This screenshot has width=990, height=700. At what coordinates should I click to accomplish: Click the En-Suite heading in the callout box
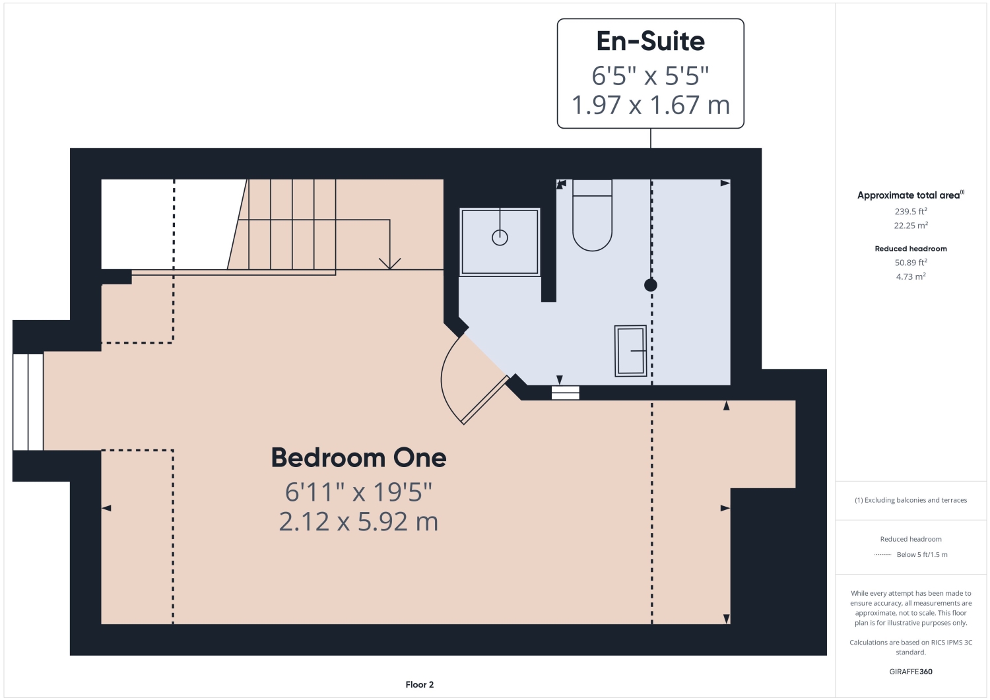(x=650, y=42)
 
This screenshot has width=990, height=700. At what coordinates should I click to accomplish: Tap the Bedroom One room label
(x=358, y=458)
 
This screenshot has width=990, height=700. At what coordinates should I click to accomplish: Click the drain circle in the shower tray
(x=500, y=238)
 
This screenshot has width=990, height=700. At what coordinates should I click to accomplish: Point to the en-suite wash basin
(x=630, y=351)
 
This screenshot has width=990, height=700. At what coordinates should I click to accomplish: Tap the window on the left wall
(x=28, y=402)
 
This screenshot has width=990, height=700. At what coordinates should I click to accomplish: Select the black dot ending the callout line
(x=651, y=285)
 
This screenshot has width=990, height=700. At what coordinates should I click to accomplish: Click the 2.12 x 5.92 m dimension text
(x=358, y=522)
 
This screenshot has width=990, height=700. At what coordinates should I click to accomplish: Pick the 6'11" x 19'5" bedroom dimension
(x=358, y=492)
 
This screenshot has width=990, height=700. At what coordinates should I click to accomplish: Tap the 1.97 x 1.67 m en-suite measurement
(x=650, y=106)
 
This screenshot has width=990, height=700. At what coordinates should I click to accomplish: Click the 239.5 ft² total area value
(x=911, y=212)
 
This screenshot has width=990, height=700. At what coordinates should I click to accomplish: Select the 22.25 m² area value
(x=911, y=226)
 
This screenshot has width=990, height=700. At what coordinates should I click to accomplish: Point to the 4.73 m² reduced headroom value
(x=911, y=277)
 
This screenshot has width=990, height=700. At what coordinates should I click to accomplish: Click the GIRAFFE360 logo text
(x=911, y=672)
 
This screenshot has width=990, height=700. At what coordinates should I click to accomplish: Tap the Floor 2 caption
(x=420, y=685)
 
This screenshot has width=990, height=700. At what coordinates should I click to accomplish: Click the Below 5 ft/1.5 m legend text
(x=922, y=555)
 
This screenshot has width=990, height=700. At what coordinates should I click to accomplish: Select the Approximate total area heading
(x=909, y=195)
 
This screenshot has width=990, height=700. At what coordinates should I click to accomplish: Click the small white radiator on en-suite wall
(x=566, y=393)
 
